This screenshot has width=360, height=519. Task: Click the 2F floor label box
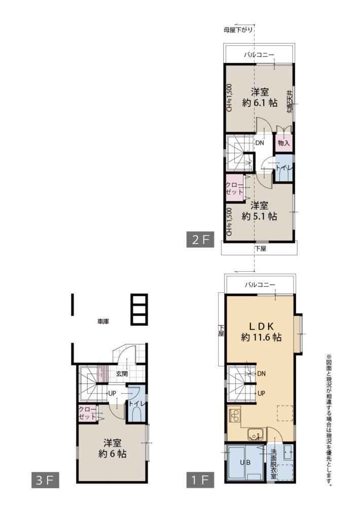click(200, 239)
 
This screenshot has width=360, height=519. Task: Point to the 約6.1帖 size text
click(259, 102)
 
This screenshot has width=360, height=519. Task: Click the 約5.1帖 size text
click(259, 216)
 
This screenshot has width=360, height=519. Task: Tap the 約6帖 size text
click(112, 453)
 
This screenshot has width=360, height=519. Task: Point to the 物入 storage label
click(284, 143)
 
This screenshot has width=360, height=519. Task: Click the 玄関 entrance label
click(122, 374)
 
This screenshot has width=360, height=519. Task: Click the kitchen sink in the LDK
click(255, 434)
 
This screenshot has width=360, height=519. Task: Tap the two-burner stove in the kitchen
click(235, 416)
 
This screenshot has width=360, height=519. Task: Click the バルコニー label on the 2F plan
click(259, 54)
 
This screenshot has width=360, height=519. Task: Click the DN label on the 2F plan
click(260, 143)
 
